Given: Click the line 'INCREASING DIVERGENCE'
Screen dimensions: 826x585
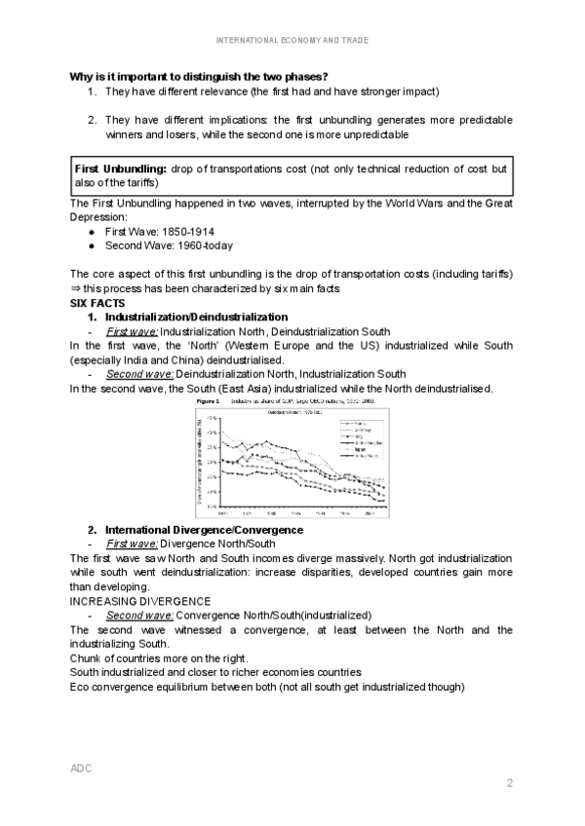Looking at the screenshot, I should click(140, 601).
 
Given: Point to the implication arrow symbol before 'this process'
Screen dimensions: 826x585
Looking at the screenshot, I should click(76, 289).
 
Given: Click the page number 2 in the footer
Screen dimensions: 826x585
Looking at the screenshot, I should click(509, 783).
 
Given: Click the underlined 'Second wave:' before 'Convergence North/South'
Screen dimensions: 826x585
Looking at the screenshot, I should click(139, 616).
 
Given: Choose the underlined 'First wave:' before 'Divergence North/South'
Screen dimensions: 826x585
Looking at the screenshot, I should click(132, 544).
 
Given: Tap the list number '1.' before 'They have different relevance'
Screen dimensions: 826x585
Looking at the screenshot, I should click(92, 92).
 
